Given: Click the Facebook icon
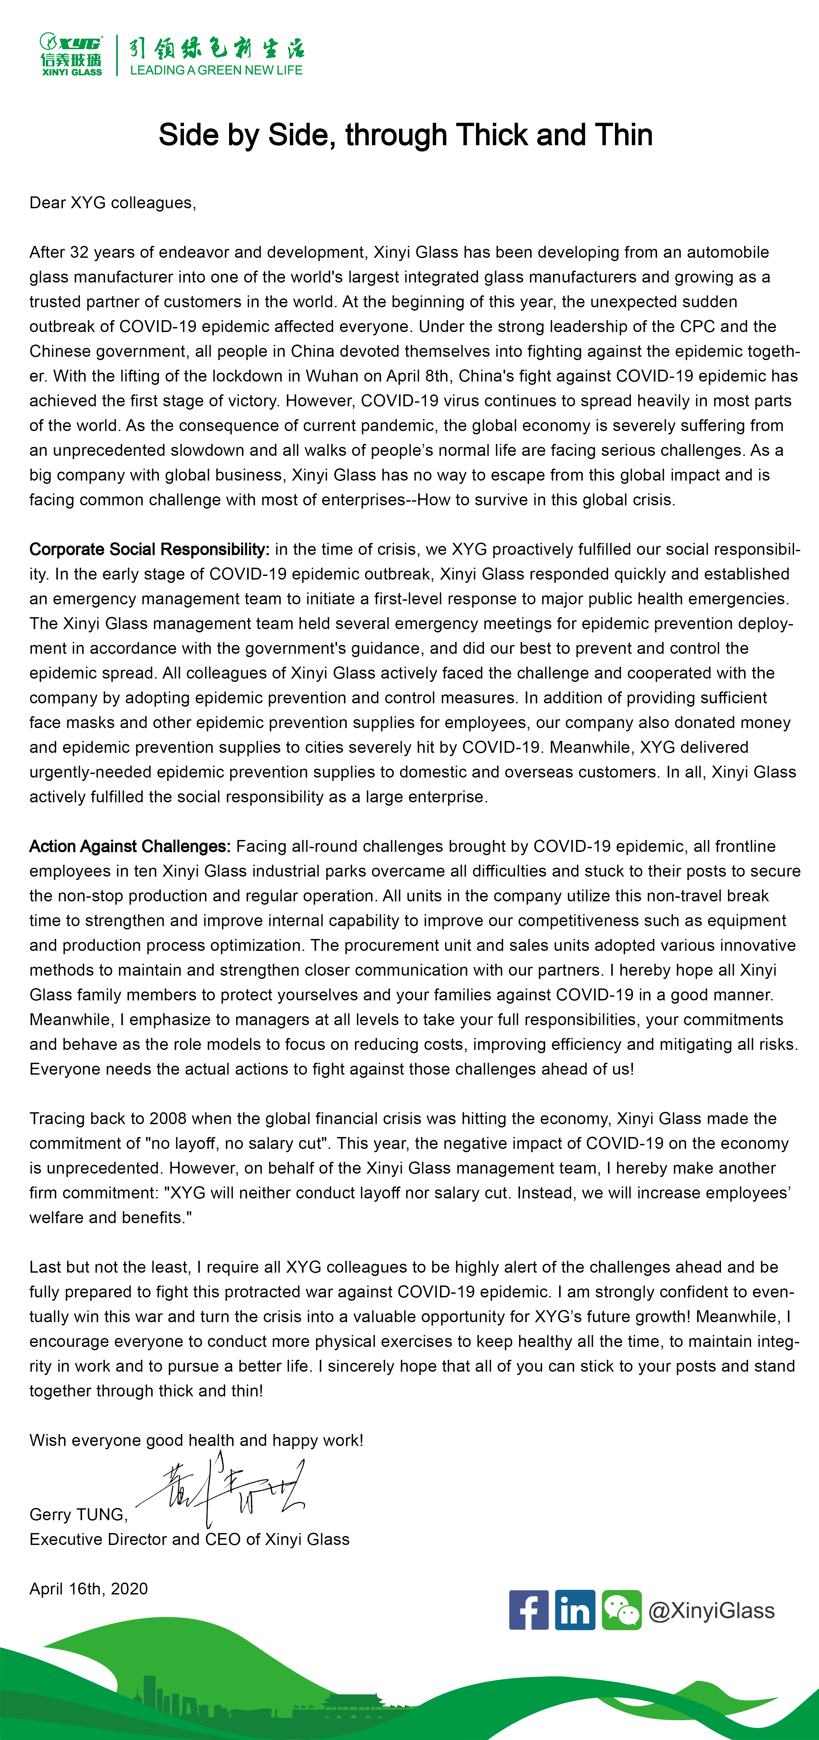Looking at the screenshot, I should point(529,1610).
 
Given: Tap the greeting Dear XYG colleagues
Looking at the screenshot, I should point(112,203).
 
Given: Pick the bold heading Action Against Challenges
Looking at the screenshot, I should point(130,846).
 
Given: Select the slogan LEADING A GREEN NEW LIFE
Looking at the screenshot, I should point(216,70).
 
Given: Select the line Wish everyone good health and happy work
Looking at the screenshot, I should point(196,1440).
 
